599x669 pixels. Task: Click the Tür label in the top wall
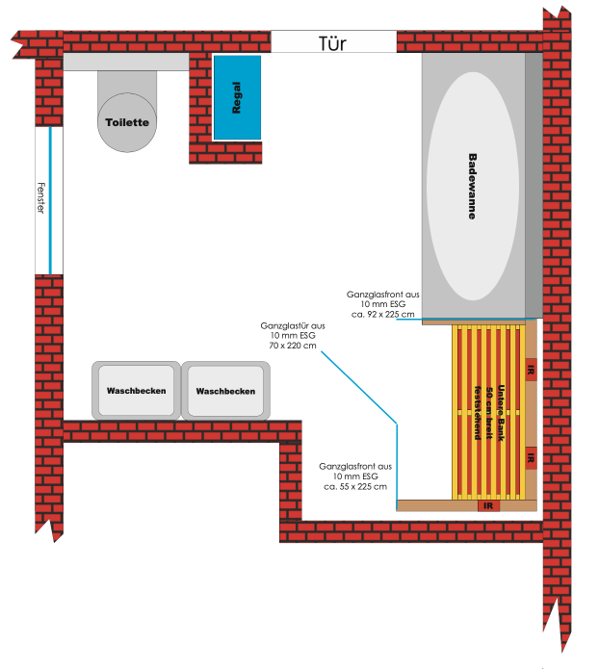click(332, 43)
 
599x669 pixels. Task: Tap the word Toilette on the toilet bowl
click(126, 122)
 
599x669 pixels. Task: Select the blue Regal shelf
click(237, 97)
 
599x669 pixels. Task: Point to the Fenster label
click(40, 198)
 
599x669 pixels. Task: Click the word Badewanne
click(472, 187)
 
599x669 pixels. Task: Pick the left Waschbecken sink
click(137, 391)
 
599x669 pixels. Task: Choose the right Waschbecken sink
click(225, 391)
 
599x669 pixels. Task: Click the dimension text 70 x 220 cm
click(293, 345)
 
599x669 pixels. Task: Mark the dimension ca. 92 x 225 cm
click(382, 314)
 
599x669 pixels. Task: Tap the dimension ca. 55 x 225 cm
click(356, 486)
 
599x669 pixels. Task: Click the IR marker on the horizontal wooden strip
click(488, 505)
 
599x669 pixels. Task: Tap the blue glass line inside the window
click(49, 200)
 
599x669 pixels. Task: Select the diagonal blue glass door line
click(356, 386)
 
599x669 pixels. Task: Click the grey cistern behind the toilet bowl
click(125, 62)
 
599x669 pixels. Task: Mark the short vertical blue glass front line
click(397, 461)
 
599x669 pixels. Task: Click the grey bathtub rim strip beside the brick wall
click(533, 185)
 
